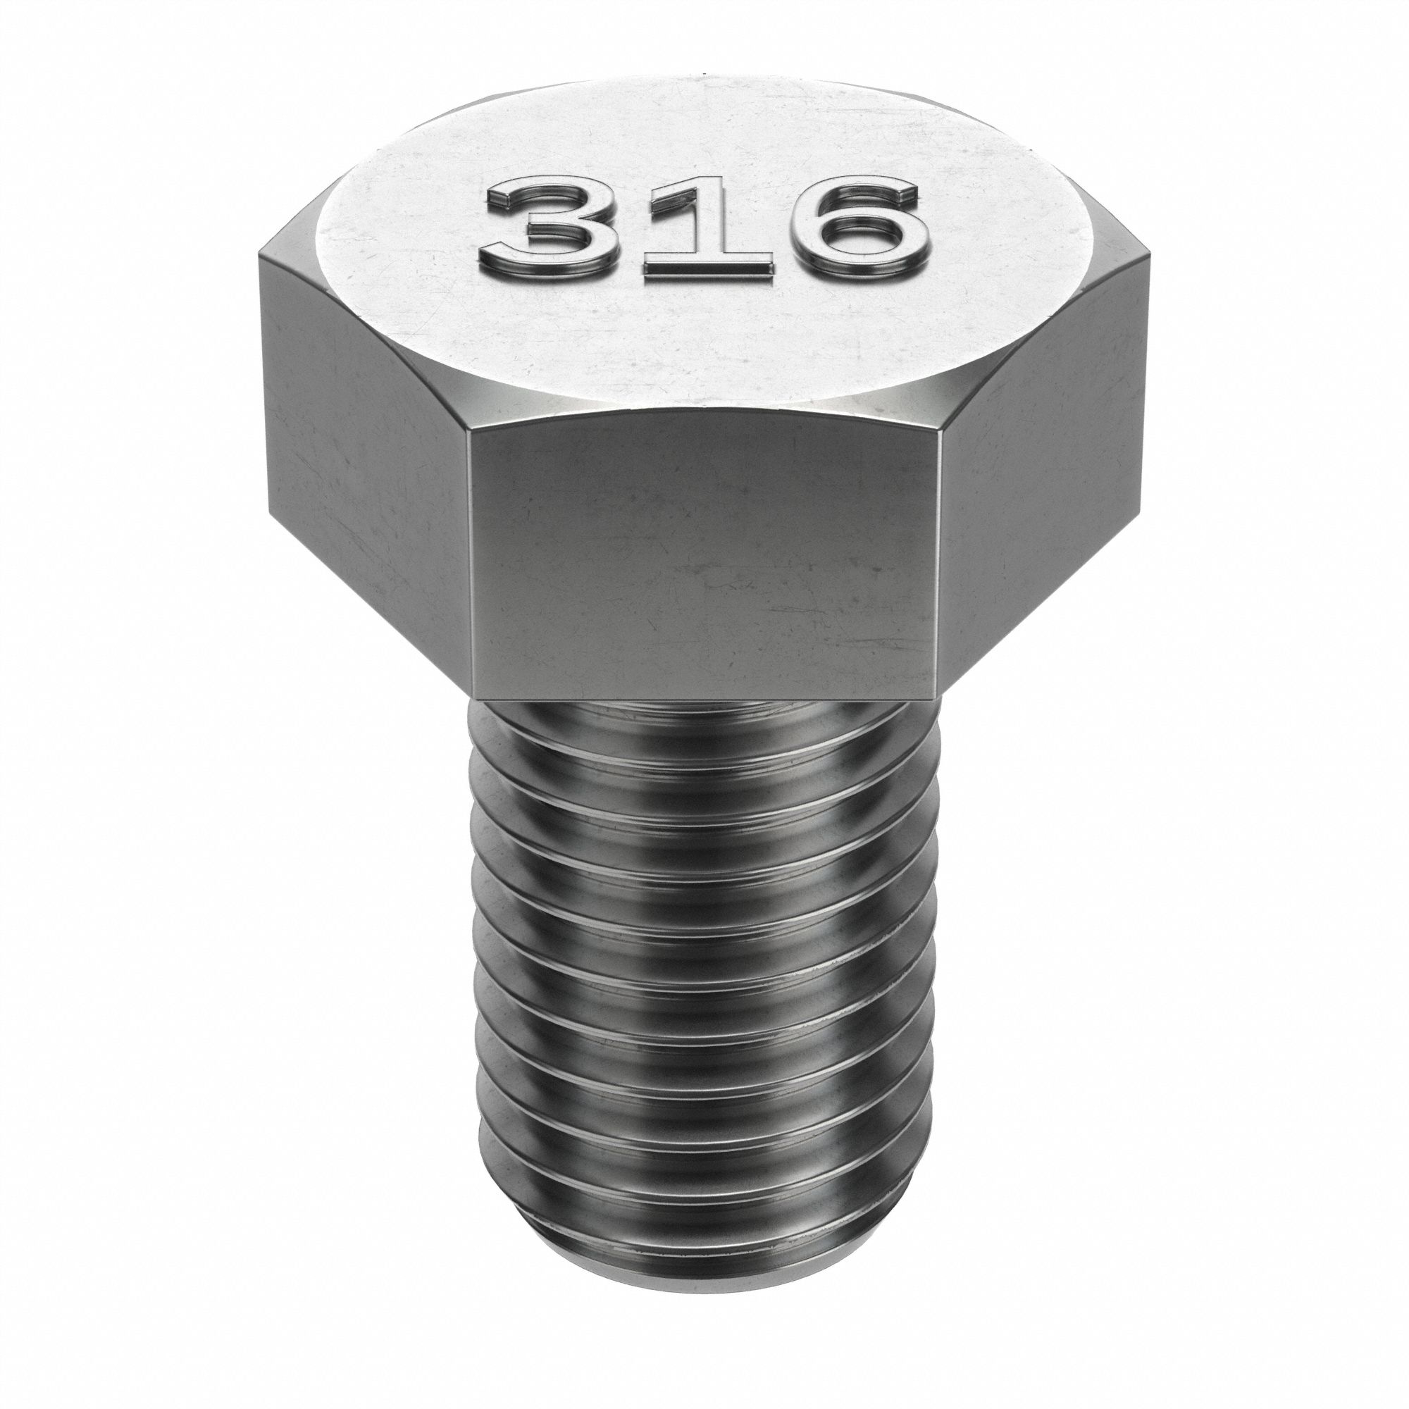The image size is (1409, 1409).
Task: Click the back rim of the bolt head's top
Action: coord(704,82)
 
